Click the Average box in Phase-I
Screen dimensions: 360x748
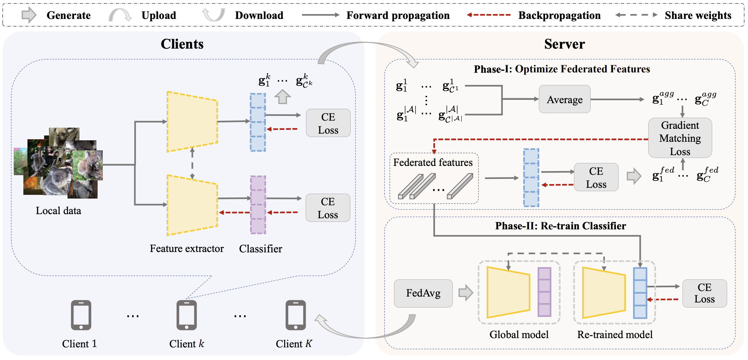point(564,99)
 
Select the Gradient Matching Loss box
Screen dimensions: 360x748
point(680,138)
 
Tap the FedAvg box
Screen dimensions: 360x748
point(423,293)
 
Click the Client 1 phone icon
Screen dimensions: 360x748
point(81,315)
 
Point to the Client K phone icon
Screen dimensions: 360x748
point(295,315)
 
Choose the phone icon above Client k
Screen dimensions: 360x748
point(187,315)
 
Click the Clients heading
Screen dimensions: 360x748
point(182,44)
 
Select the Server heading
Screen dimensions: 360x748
point(564,44)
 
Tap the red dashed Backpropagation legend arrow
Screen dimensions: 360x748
point(488,15)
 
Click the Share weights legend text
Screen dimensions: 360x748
point(698,15)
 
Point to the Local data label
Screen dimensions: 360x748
point(58,211)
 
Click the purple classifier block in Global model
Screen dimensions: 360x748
point(544,292)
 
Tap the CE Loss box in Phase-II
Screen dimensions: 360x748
point(704,293)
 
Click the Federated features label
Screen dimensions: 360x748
point(433,163)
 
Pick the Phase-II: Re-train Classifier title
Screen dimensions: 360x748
point(560,226)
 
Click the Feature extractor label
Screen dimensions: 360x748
point(187,249)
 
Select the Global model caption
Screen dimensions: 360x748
point(519,335)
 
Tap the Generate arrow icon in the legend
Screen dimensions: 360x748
point(29,15)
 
